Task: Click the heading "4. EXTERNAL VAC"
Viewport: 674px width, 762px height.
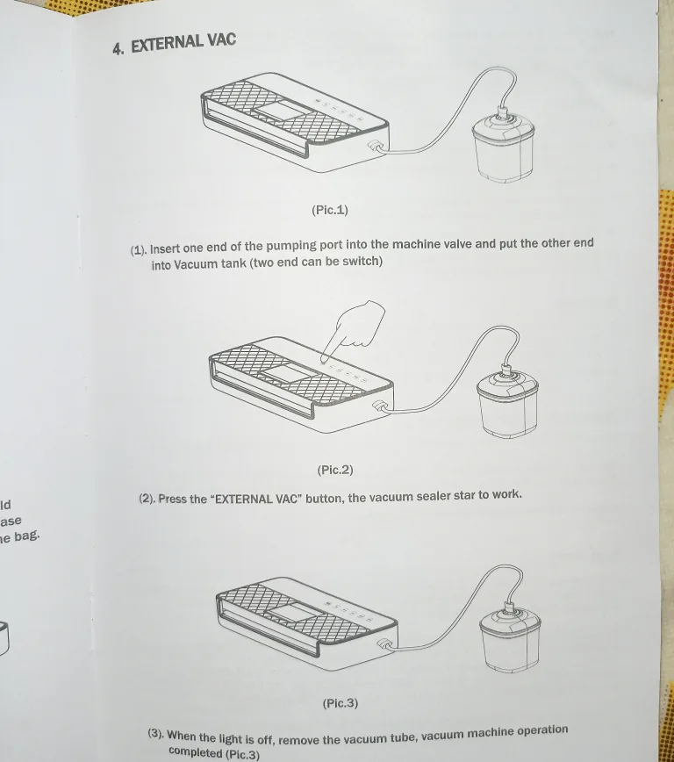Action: tap(174, 43)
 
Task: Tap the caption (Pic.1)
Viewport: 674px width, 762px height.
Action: tap(329, 210)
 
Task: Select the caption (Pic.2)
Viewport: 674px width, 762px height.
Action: tap(334, 470)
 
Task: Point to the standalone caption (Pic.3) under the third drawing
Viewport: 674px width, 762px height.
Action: tap(341, 703)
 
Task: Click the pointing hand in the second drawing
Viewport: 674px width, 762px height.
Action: tap(353, 327)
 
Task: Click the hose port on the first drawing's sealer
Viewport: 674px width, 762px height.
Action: tap(372, 147)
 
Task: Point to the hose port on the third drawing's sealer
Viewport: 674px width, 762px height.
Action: tap(384, 647)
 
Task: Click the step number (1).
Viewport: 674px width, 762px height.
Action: tap(139, 250)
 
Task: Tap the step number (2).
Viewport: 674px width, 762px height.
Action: tap(147, 499)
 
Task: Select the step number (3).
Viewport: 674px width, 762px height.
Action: tap(155, 734)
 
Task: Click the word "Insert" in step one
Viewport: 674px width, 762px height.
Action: tap(166, 248)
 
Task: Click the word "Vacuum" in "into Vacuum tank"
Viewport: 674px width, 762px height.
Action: tap(194, 264)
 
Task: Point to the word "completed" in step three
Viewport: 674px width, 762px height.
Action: tap(196, 752)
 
